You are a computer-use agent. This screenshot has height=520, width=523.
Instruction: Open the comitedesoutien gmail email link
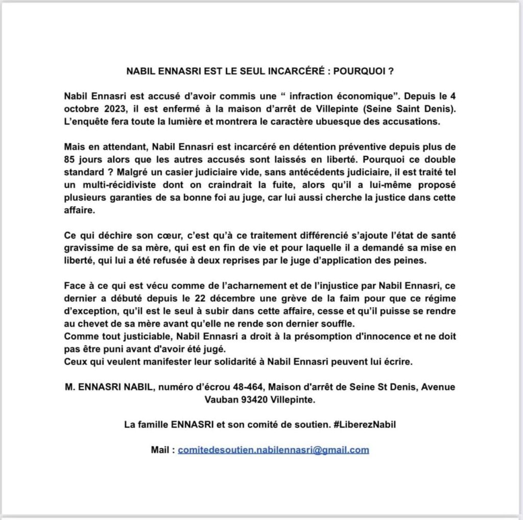pos(273,450)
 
